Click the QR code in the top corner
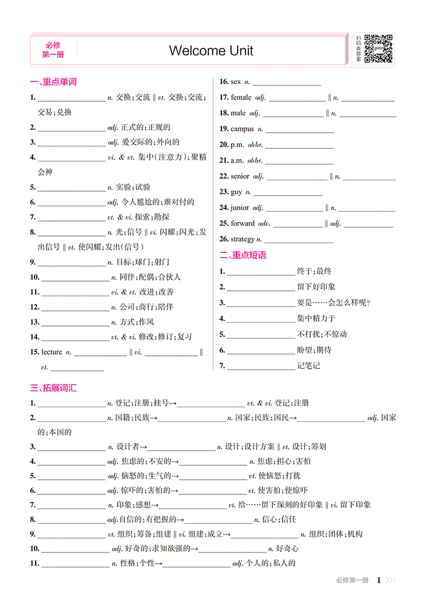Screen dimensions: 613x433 378,48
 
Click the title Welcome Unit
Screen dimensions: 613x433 211,51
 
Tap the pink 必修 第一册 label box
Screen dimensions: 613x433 53,49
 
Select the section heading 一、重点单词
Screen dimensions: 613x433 54,82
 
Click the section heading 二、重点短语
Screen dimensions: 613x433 243,255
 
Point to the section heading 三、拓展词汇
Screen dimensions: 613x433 54,388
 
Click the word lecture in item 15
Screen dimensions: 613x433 52,352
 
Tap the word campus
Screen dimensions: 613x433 242,129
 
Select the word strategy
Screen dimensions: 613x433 242,239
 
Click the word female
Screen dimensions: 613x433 241,97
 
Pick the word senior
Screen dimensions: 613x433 240,176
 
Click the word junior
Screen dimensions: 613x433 240,207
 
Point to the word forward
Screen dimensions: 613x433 242,223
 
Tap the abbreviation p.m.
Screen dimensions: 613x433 237,145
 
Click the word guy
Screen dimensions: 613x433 237,192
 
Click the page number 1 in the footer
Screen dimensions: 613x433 379,581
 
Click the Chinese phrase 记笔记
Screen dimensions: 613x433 309,366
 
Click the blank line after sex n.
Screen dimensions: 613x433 286,82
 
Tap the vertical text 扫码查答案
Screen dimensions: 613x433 358,49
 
